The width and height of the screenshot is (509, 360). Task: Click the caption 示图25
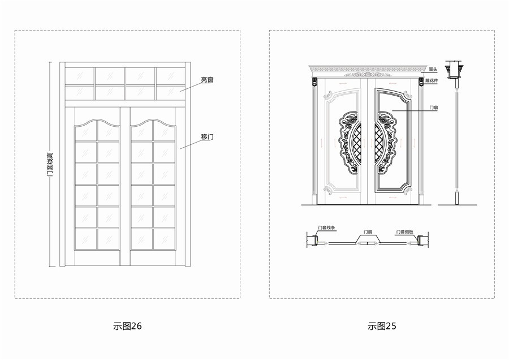pos(382,326)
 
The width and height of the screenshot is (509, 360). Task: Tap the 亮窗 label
pos(207,80)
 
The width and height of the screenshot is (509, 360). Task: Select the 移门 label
pos(207,137)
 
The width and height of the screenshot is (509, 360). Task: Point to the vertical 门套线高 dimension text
pos(50,164)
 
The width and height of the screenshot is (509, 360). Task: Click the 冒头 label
pos(433,69)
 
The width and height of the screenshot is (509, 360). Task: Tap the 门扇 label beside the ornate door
pos(435,106)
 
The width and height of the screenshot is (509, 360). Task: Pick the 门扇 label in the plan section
pos(368,232)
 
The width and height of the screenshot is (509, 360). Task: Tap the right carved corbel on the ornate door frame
pos(421,82)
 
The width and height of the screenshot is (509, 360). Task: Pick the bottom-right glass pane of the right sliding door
pos(164,238)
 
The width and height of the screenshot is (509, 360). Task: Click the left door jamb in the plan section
pos(311,242)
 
